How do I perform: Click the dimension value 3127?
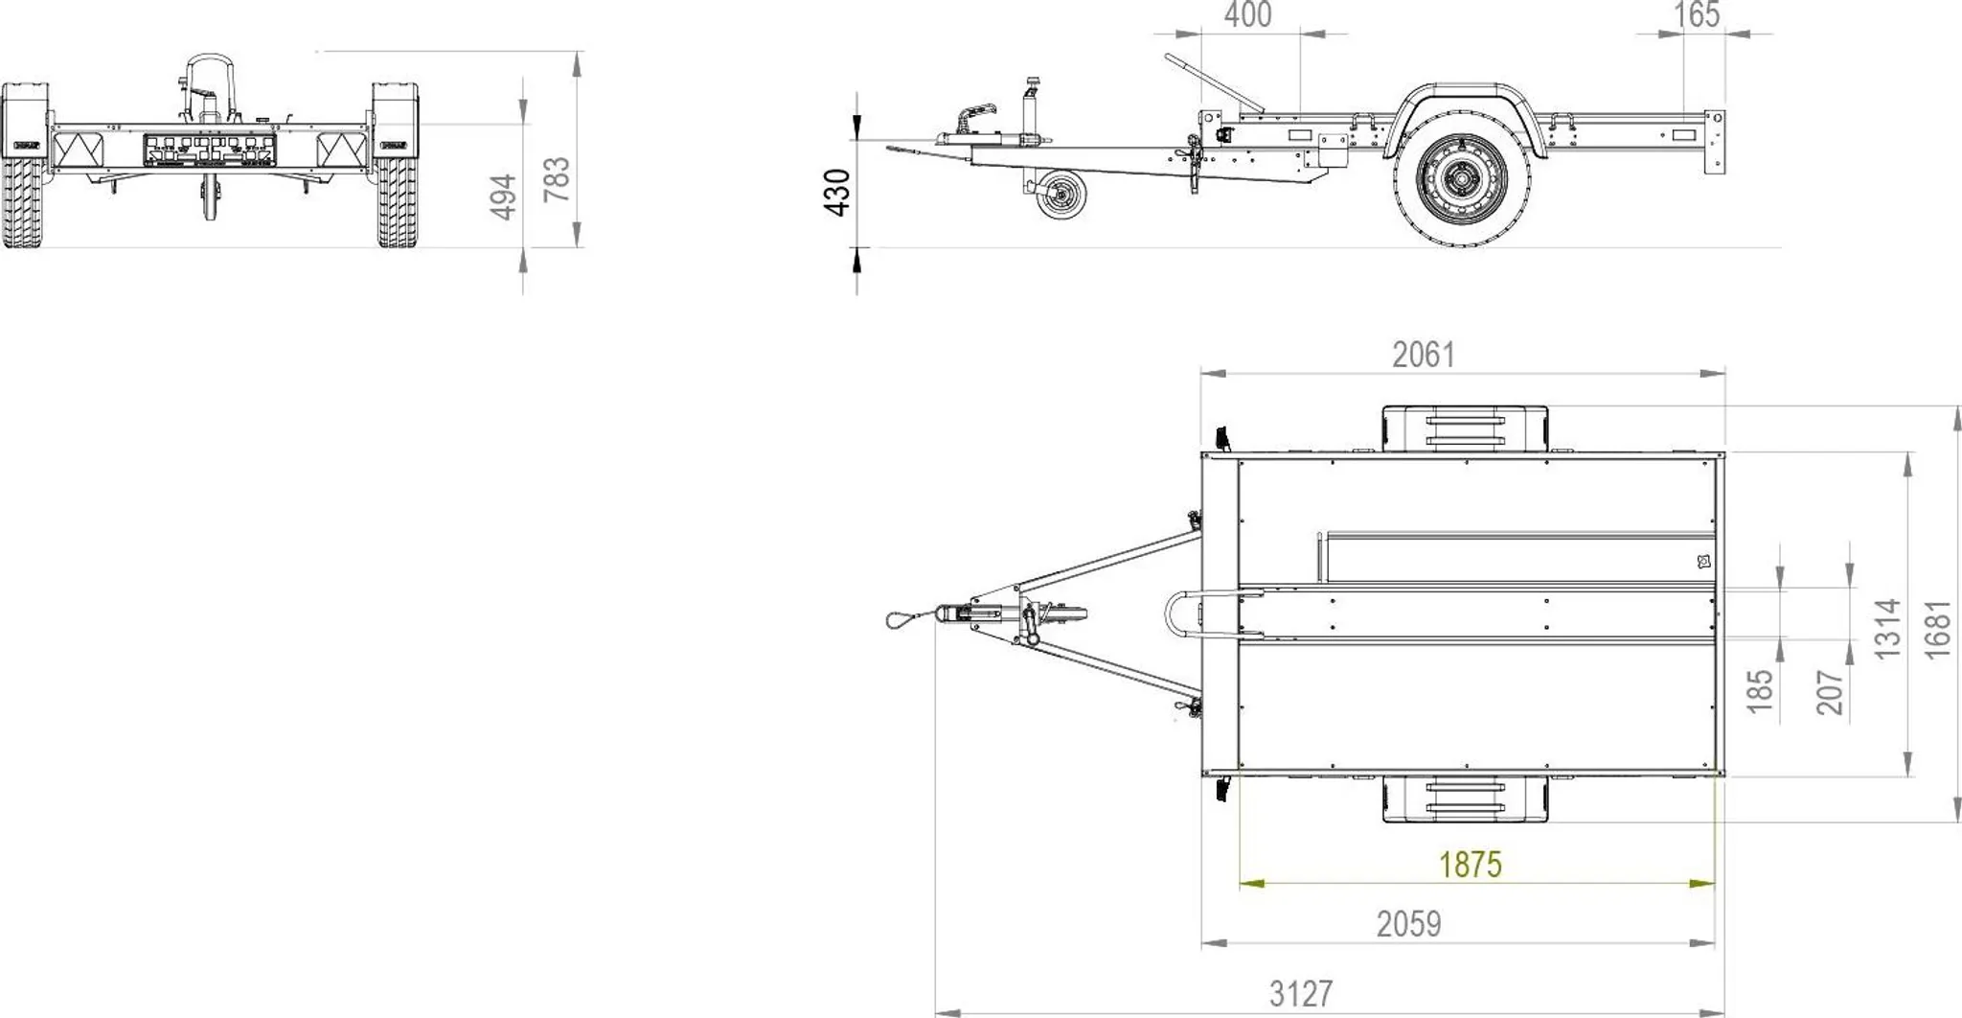1301,993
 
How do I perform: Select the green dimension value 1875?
1471,865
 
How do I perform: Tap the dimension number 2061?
1424,356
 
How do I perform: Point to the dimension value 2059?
1409,924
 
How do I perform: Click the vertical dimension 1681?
1937,629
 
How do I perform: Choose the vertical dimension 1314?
1886,629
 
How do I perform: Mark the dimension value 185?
1760,691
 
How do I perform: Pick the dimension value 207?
1830,692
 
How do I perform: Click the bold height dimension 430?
837,193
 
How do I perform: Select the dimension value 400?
1248,15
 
